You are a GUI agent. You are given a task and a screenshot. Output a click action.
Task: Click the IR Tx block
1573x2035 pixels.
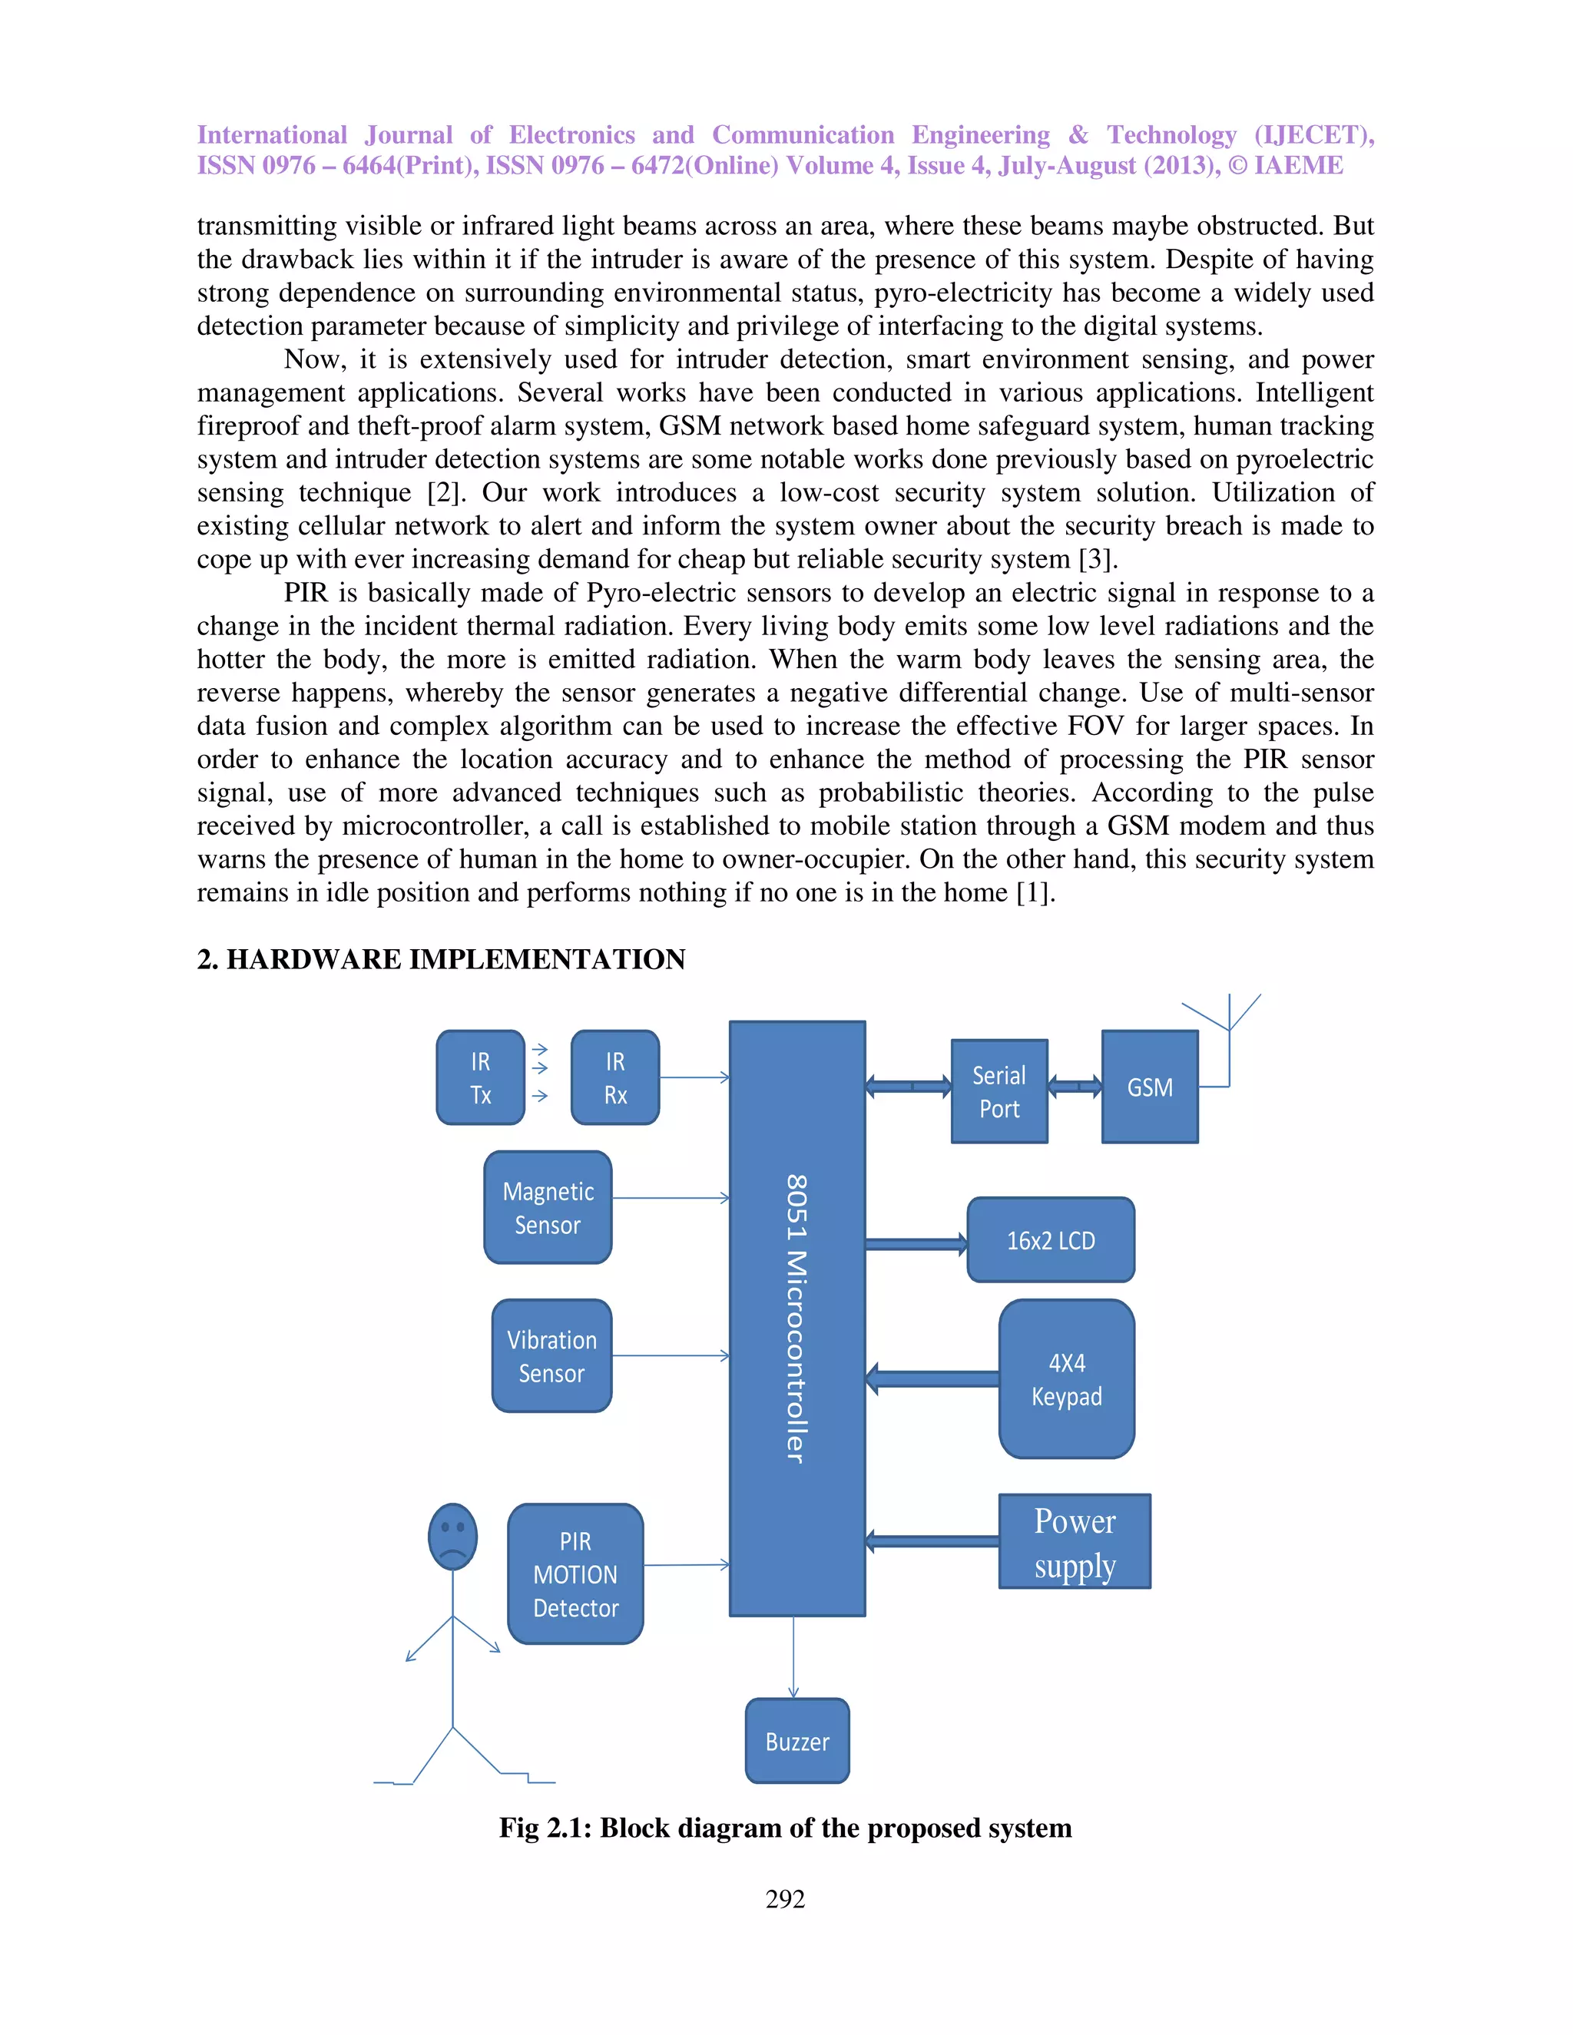pyautogui.click(x=480, y=1077)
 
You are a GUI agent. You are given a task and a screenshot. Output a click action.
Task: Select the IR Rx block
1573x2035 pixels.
pyautogui.click(x=615, y=1077)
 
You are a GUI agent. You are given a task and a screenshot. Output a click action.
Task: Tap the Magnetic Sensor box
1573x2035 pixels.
pyautogui.click(x=548, y=1208)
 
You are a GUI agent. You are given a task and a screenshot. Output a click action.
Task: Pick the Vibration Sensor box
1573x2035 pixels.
pyautogui.click(x=551, y=1355)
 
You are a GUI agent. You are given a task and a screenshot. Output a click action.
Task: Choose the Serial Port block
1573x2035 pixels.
pyautogui.click(x=999, y=1091)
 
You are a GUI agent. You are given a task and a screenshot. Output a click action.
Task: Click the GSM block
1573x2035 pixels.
pyautogui.click(x=1150, y=1087)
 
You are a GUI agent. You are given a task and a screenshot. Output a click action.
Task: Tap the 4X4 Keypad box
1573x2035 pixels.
pyautogui.click(x=1066, y=1379)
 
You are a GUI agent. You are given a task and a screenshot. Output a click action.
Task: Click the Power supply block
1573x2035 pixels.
pyautogui.click(x=1075, y=1542)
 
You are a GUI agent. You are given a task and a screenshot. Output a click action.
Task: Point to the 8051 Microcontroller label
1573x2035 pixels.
pyautogui.click(x=796, y=1318)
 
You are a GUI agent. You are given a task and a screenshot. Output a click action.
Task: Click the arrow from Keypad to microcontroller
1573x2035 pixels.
pyautogui.click(x=932, y=1379)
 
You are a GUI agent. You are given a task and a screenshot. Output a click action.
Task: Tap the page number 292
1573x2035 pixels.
pyautogui.click(x=785, y=1899)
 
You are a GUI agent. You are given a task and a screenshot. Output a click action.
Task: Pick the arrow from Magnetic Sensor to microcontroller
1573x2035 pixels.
pyautogui.click(x=671, y=1198)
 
